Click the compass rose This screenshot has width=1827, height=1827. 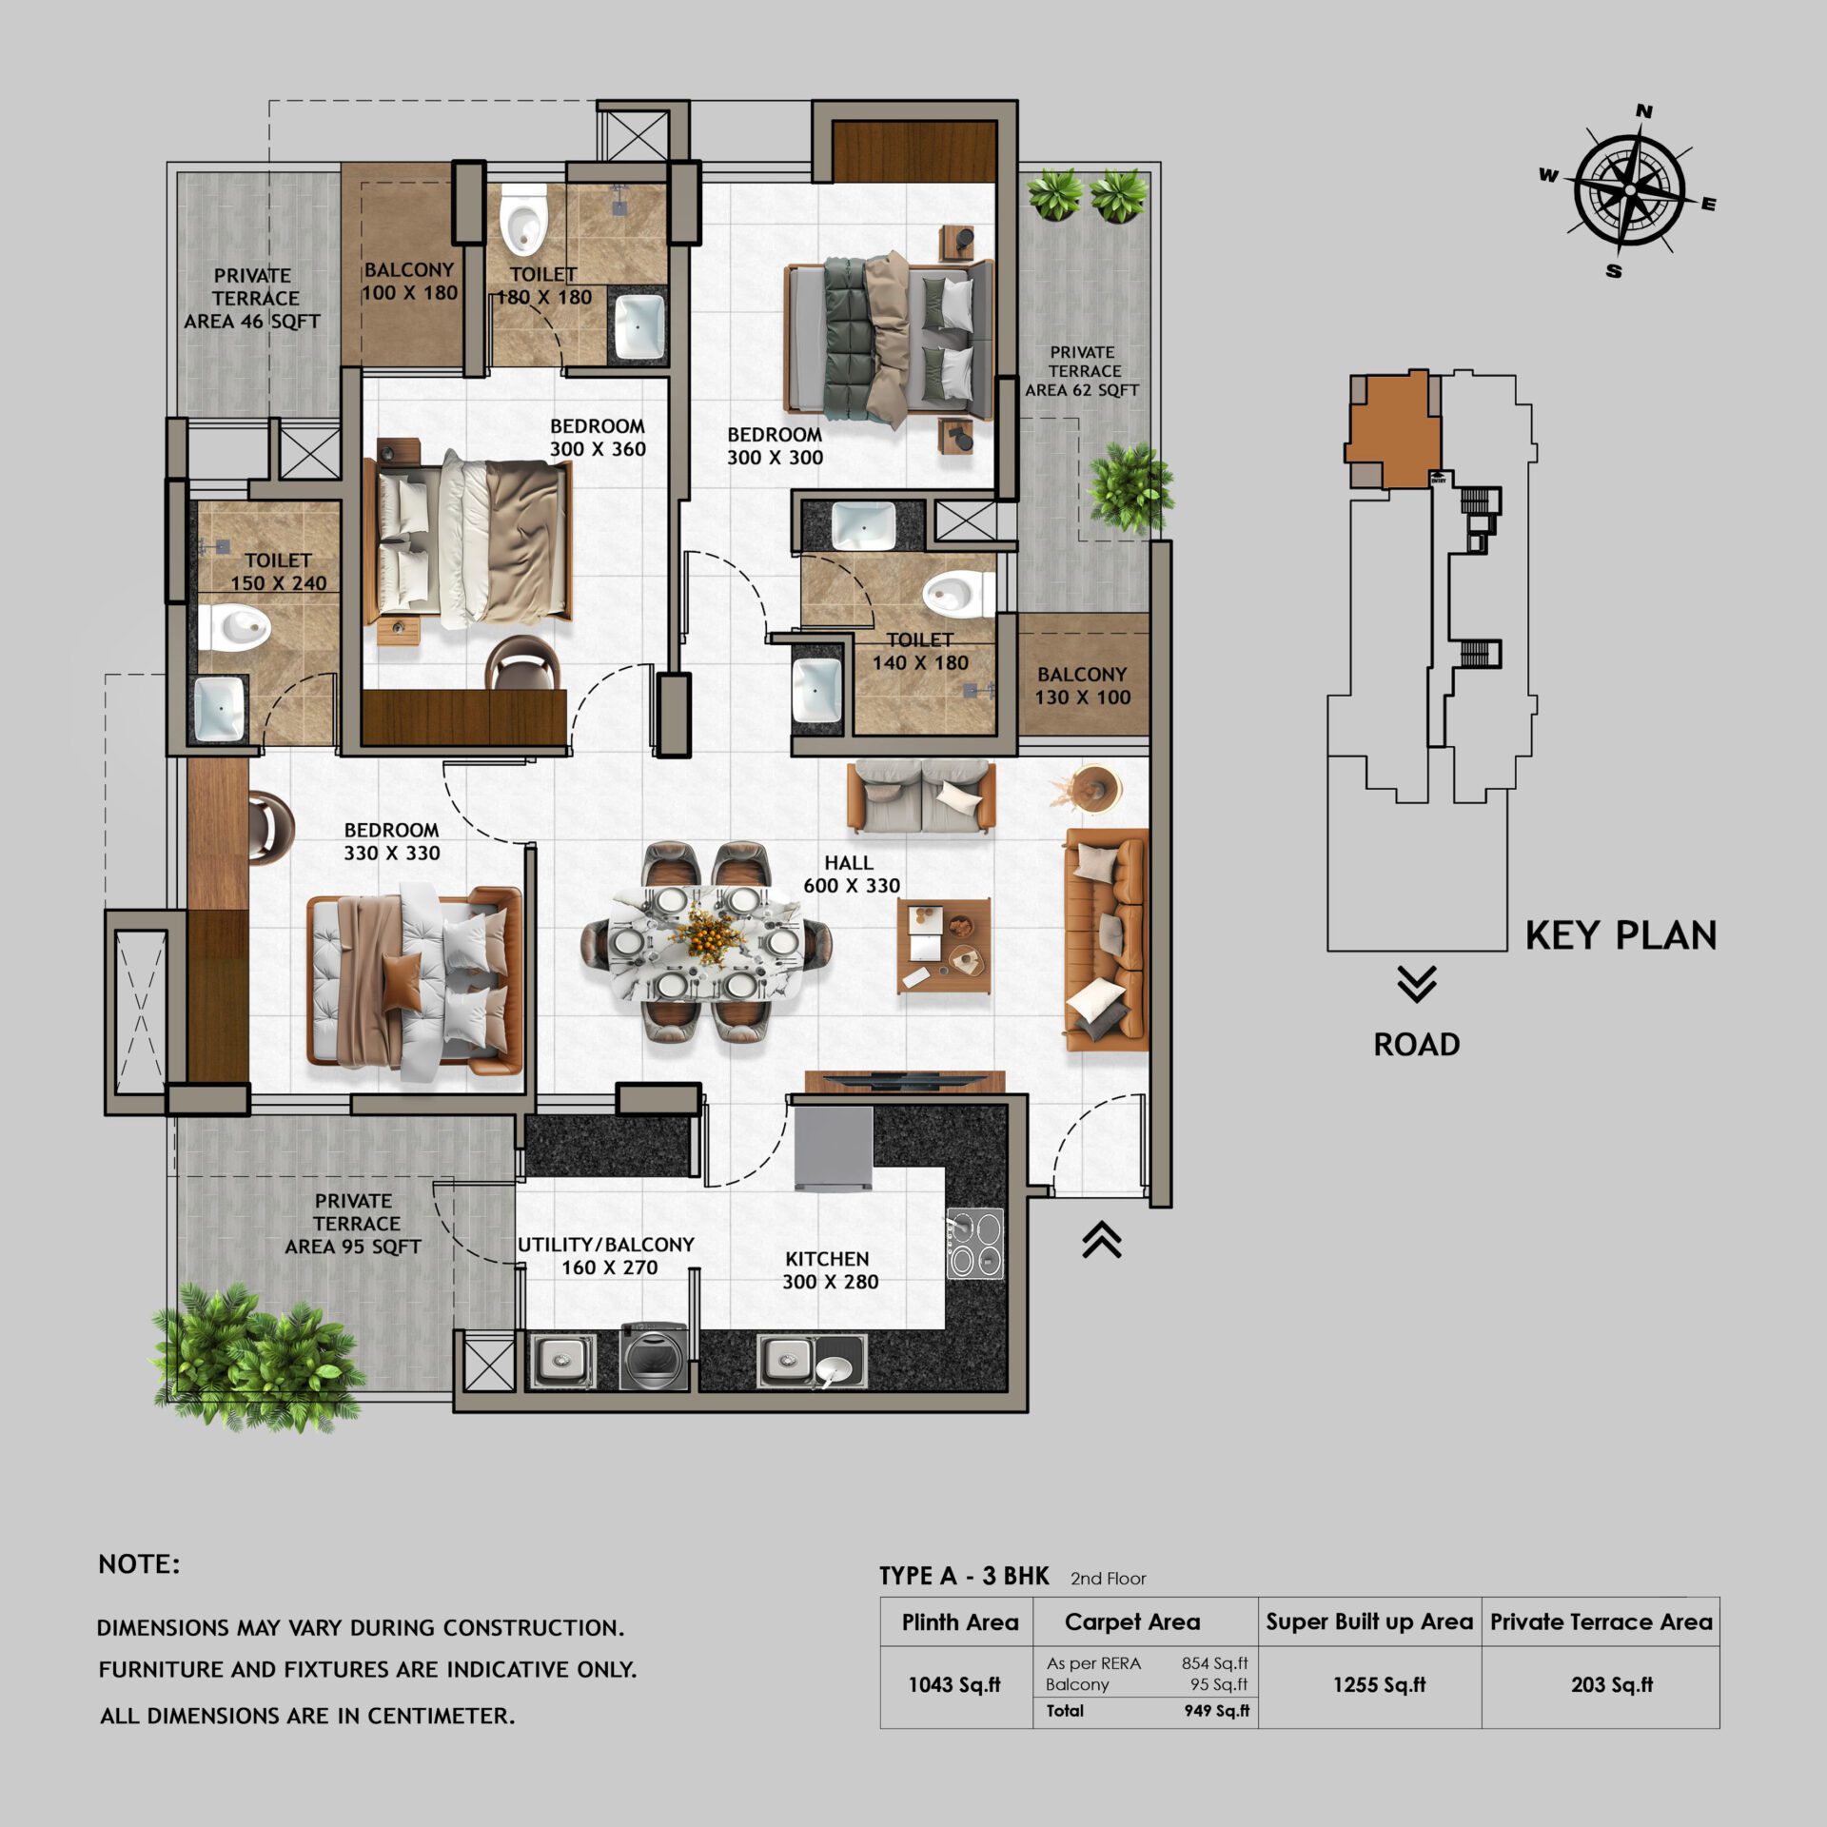tap(1629, 190)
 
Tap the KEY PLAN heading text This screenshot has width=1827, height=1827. tap(1621, 935)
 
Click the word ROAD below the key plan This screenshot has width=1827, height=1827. tap(1416, 1044)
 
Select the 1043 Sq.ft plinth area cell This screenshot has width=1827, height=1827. tap(954, 1685)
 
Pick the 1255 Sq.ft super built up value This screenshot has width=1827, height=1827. tap(1379, 1685)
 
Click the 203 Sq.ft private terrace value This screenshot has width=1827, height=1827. tap(1611, 1685)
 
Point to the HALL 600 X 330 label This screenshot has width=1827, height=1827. tap(851, 874)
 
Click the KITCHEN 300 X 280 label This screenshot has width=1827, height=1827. tap(830, 1269)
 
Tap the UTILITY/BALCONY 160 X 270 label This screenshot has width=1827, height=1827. tap(607, 1255)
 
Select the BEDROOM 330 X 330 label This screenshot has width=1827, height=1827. tap(391, 841)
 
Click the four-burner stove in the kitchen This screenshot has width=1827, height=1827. tap(975, 1243)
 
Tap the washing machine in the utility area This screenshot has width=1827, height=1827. tap(653, 1356)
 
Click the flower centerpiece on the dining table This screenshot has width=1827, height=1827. tap(705, 928)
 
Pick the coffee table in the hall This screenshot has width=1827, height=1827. tap(944, 945)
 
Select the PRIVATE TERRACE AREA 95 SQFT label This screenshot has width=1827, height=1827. tap(353, 1224)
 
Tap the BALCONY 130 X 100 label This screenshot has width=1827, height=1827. tap(1082, 685)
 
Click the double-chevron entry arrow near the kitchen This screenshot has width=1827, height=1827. tap(1101, 1239)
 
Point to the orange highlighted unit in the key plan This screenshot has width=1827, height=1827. tap(1389, 428)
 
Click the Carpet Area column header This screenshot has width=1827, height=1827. tap(1131, 1621)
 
